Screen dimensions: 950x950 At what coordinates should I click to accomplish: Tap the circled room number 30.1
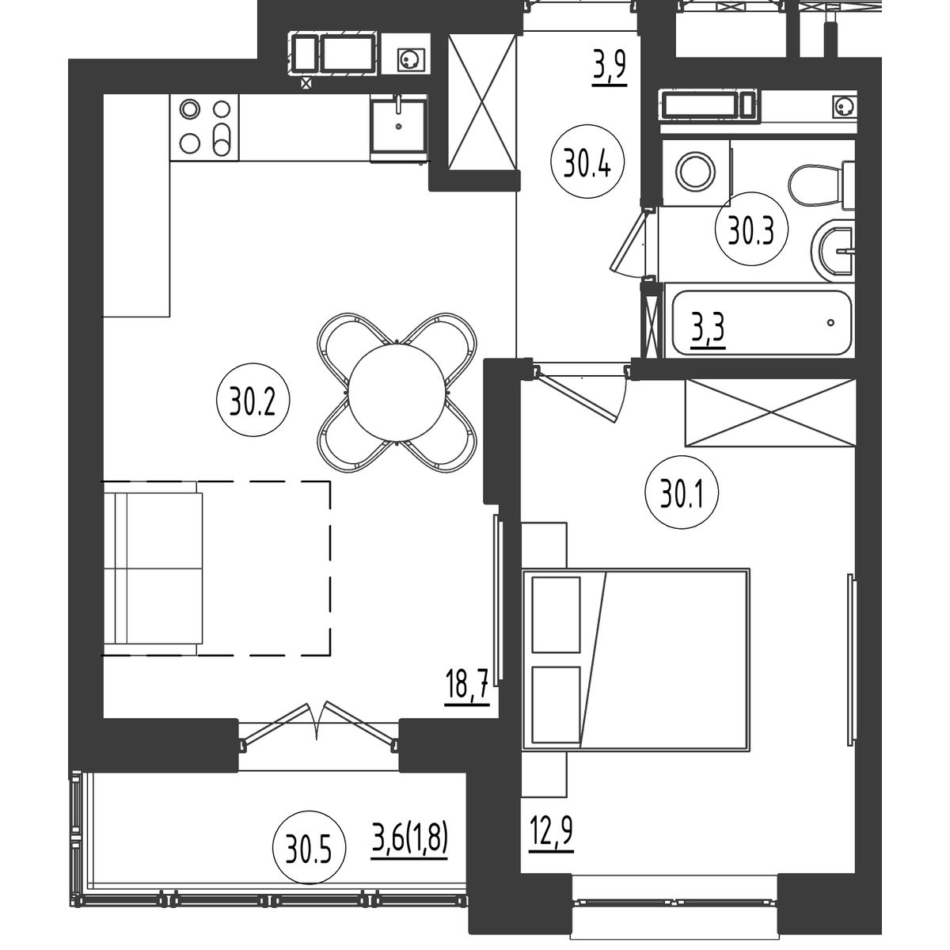pyautogui.click(x=682, y=492)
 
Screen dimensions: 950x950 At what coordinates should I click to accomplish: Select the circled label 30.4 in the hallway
pyautogui.click(x=587, y=162)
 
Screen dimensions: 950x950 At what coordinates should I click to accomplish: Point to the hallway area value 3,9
pyautogui.click(x=610, y=68)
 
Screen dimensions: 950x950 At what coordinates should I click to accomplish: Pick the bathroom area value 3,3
pyautogui.click(x=708, y=330)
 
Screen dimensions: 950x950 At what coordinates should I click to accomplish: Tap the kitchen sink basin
pyautogui.click(x=398, y=125)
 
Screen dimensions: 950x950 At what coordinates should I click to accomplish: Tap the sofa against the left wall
pyautogui.click(x=153, y=568)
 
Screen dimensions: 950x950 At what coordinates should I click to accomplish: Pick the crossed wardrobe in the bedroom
pyautogui.click(x=769, y=413)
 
